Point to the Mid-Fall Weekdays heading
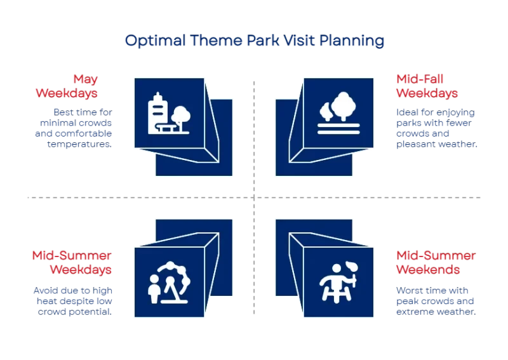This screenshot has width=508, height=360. pos(427,86)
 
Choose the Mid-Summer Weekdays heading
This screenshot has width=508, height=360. pos(72,262)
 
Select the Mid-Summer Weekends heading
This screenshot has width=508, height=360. pos(436,262)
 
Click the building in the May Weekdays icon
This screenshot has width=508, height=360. pos(157,113)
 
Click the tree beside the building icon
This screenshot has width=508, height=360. pos(182,116)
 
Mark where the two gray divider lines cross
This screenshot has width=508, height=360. pos(254,198)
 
